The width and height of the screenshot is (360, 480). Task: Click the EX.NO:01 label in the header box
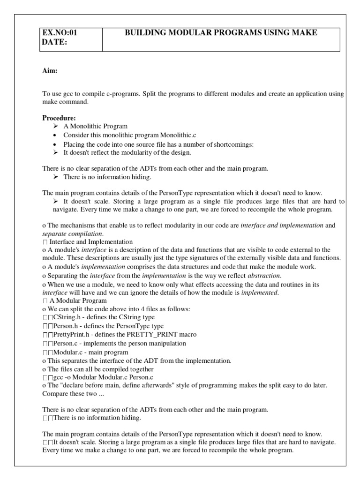60,33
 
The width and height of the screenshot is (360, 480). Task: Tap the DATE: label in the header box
54,42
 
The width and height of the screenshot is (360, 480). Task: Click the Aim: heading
50,71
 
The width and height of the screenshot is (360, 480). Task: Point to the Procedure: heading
59,118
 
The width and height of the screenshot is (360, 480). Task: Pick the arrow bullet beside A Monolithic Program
55,127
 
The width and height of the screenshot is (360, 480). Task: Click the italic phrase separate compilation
73,234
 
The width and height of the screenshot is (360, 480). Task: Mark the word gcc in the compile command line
59,377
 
